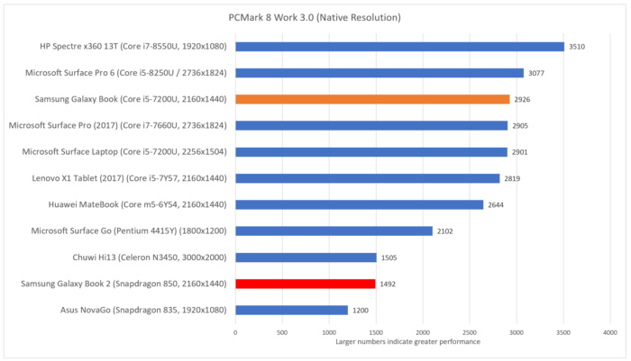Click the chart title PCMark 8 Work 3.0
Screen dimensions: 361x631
point(315,17)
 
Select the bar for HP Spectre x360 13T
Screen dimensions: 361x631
point(399,47)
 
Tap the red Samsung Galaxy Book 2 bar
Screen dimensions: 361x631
point(306,284)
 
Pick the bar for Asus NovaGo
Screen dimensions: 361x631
point(291,310)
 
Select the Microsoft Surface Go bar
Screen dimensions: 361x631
point(334,230)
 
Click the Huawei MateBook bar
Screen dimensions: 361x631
point(359,204)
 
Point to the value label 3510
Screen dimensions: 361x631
point(579,47)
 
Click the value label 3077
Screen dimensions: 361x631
point(538,73)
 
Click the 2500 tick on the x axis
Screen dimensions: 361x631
point(470,332)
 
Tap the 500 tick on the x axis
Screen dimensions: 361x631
point(282,332)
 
